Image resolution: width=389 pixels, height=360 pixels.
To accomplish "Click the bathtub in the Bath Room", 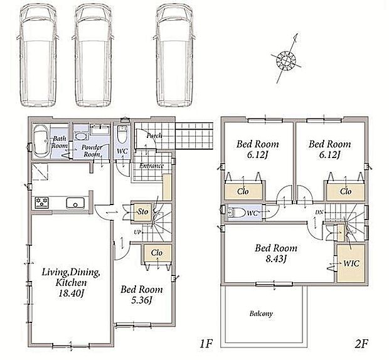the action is point(41,141).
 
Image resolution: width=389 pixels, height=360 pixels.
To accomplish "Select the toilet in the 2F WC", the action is point(236,213).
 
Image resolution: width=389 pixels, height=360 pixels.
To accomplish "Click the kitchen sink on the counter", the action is point(75,203).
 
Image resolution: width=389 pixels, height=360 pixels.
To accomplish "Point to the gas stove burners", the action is point(41,203).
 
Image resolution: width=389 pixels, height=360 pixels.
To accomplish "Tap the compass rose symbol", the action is point(286,58).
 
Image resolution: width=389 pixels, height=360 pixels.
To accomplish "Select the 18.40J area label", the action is point(71,294).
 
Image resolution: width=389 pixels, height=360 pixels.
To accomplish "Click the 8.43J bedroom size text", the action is point(276,259).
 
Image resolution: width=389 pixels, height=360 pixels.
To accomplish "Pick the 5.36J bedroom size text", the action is point(141,300).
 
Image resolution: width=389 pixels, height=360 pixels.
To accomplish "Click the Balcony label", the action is point(261,314).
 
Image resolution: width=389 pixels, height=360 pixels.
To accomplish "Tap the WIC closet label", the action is point(351,263).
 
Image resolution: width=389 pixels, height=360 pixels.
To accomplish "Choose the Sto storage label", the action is point(143,212).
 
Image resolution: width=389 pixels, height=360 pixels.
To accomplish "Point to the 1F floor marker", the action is point(206,344).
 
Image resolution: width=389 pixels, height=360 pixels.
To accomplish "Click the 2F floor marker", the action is point(361,344).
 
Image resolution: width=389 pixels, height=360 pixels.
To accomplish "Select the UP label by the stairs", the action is point(137,233).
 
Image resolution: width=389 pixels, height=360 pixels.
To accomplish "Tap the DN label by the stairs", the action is point(319,212).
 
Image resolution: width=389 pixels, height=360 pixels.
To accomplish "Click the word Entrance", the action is point(151,166).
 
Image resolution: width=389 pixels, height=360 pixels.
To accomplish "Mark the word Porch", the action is point(154,135).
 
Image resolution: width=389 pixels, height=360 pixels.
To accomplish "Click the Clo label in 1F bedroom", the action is point(157,253).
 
